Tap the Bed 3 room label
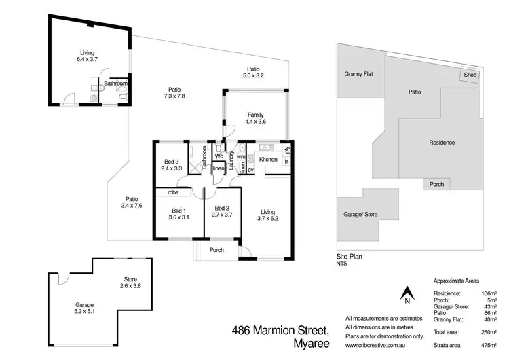[172, 165]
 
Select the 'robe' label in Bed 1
[173, 192]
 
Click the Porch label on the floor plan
[216, 250]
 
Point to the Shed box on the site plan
[470, 75]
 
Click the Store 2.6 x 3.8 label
[130, 283]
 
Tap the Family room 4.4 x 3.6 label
[255, 118]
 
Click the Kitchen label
[268, 159]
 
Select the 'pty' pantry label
[287, 150]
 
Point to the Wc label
[219, 156]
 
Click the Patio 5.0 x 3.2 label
[253, 72]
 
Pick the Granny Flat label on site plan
[359, 74]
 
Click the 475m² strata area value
[489, 345]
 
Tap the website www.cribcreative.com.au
[375, 345]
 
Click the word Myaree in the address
[312, 344]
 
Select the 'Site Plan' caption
[350, 257]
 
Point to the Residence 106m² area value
[489, 293]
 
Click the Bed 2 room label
[222, 211]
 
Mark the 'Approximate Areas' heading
[456, 281]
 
